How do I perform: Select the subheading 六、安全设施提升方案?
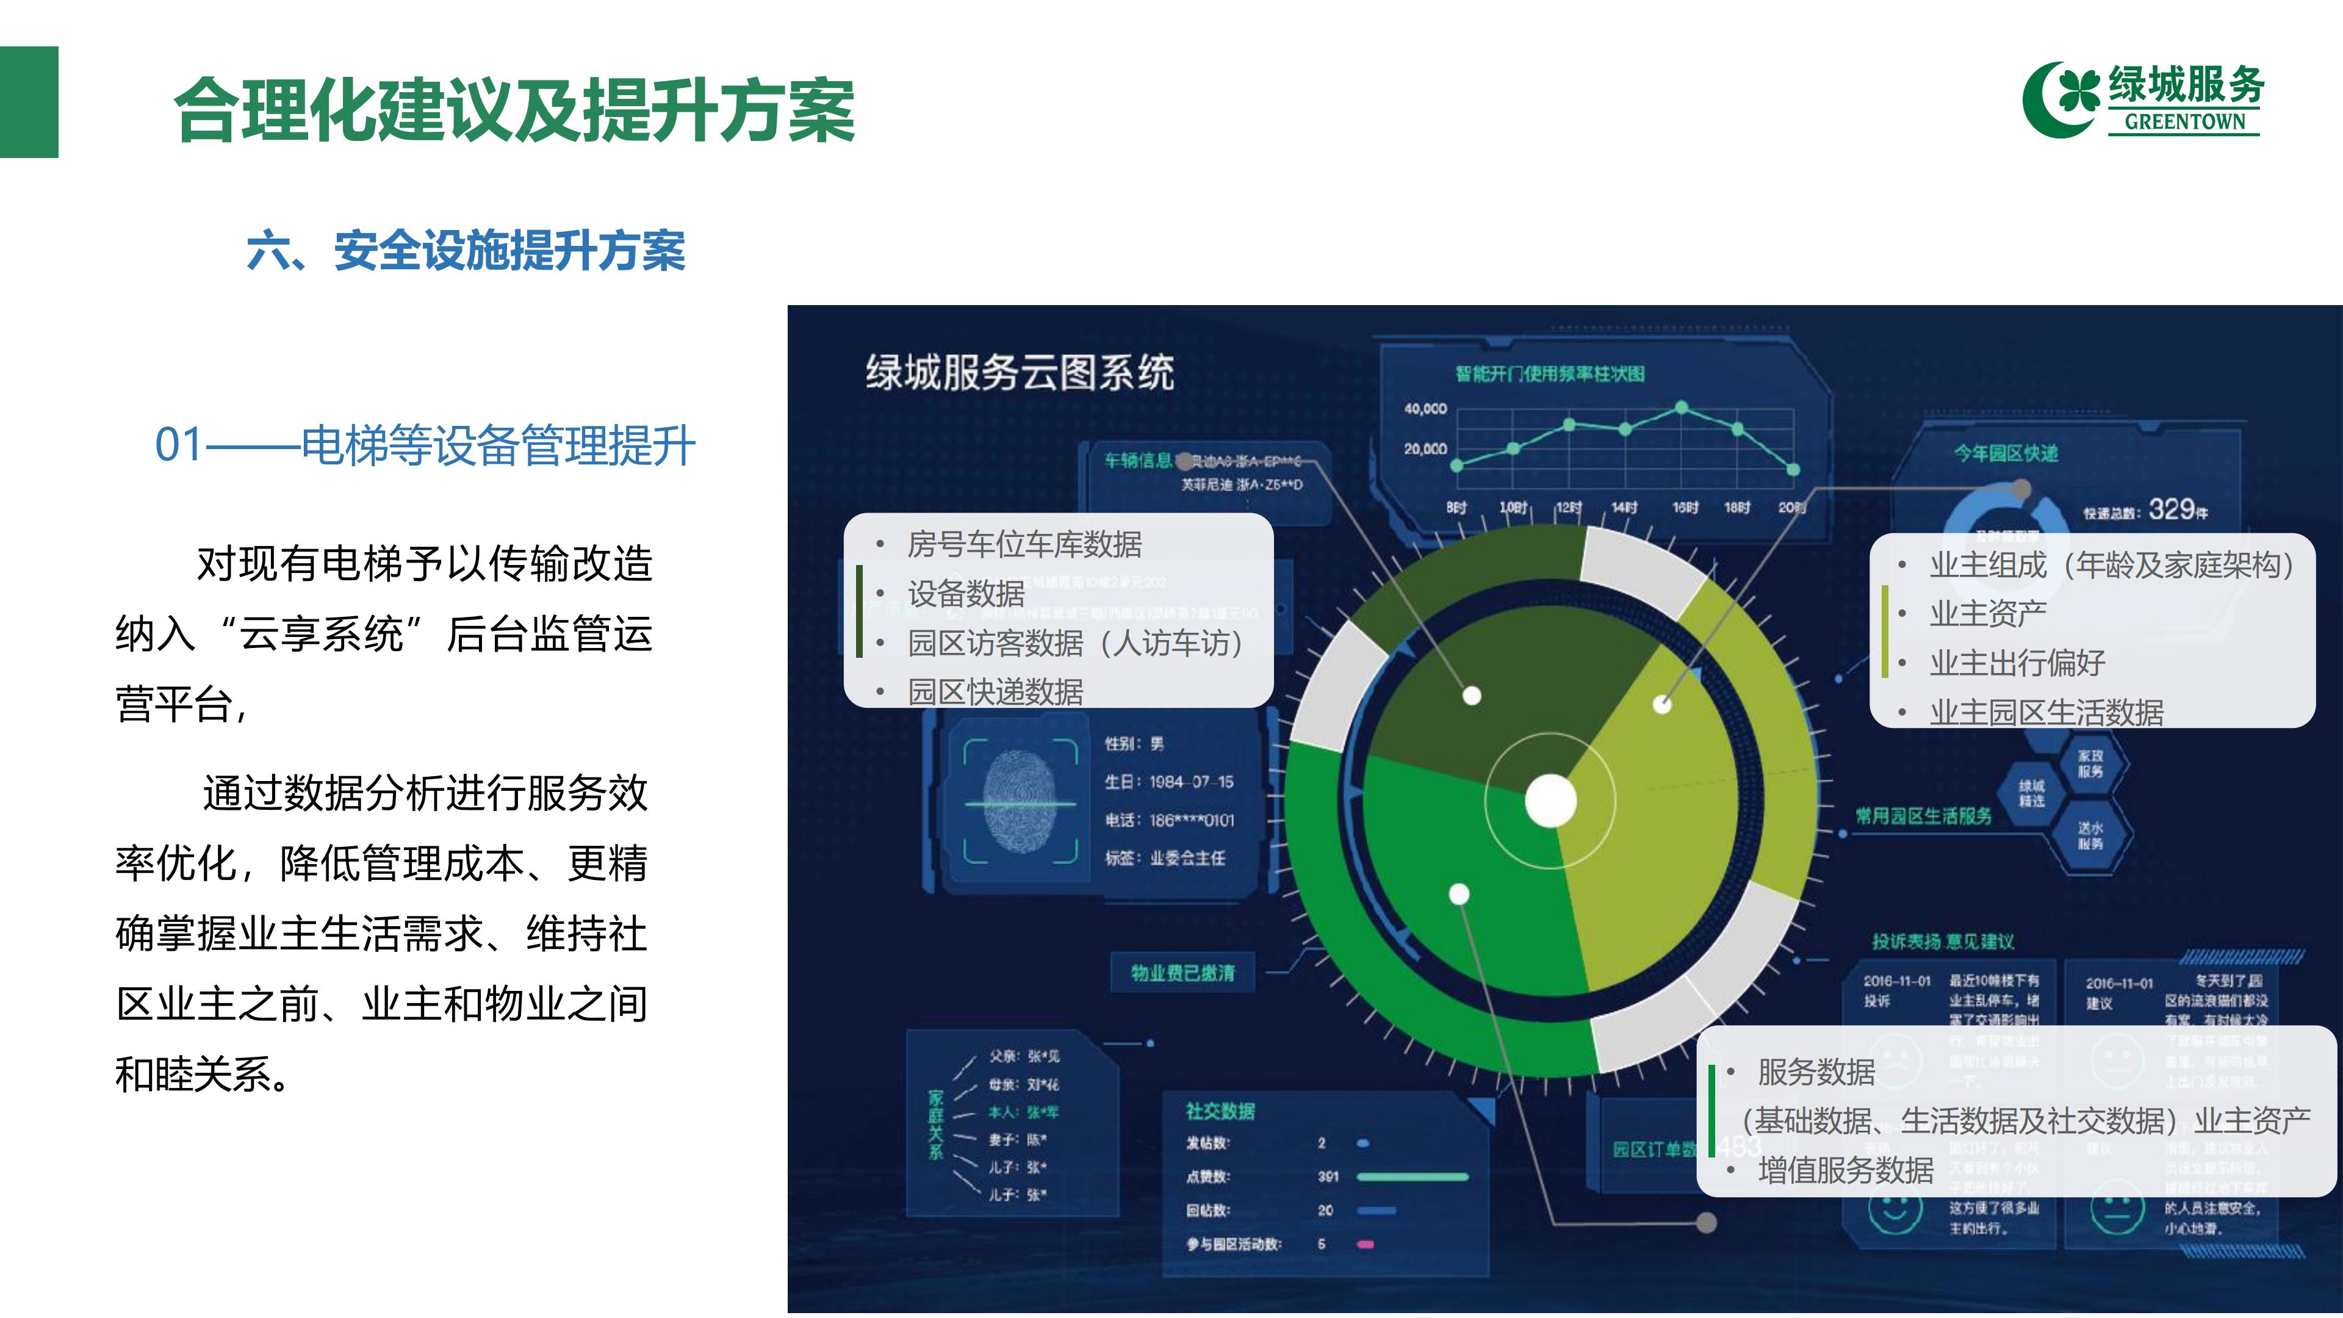(x=466, y=250)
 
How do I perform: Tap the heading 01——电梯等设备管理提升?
(x=425, y=445)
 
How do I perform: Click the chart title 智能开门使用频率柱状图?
(x=1550, y=374)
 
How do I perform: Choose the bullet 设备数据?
(x=966, y=594)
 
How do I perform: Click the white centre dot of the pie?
(x=1550, y=801)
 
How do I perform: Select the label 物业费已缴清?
(x=1182, y=973)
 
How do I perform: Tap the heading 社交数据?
(x=1220, y=1111)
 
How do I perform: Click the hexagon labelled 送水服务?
(x=2090, y=835)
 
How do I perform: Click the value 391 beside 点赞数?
(x=1328, y=1176)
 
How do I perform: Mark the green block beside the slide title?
(x=29, y=102)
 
